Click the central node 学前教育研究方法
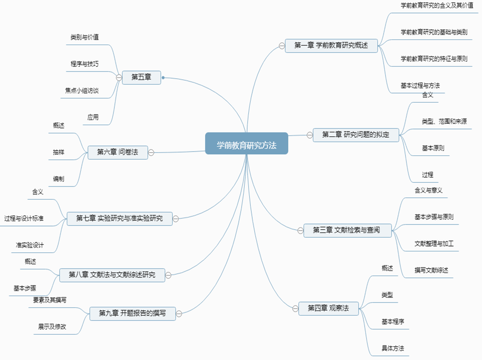(x=246, y=143)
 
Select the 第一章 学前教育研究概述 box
(x=331, y=45)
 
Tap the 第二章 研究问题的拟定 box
(x=356, y=134)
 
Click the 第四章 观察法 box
(x=328, y=308)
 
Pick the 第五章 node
(x=141, y=77)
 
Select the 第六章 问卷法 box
(x=118, y=152)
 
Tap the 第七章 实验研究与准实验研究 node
(x=119, y=218)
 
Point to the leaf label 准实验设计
(x=29, y=245)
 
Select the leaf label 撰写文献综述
(x=431, y=270)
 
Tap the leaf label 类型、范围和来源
(x=444, y=121)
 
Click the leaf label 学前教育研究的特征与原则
(x=434, y=58)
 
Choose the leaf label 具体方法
(x=393, y=348)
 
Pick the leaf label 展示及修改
(x=52, y=326)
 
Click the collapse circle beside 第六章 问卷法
(x=151, y=152)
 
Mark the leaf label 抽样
(x=58, y=152)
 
